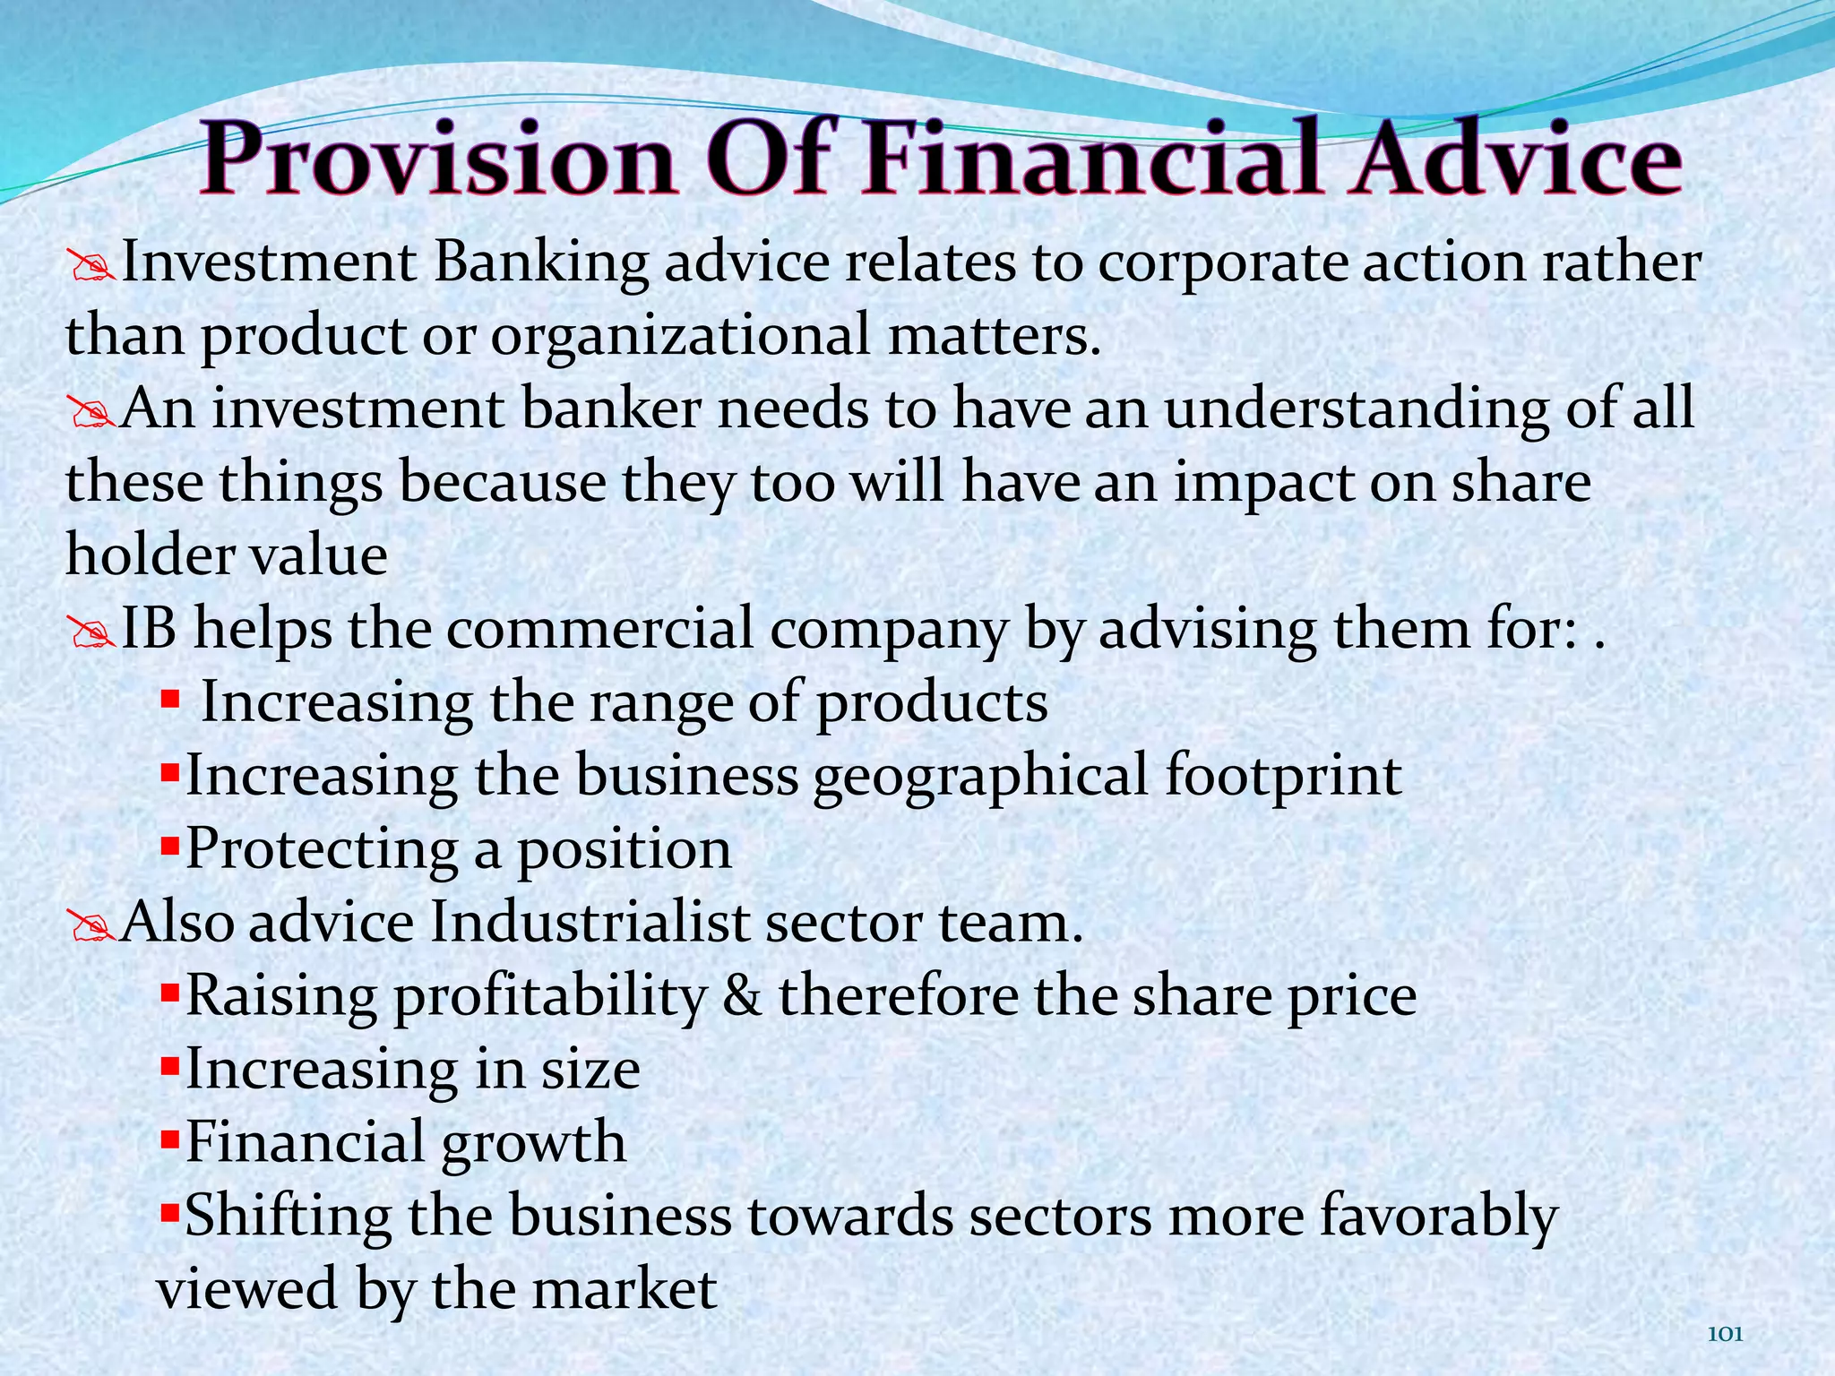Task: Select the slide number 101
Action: pos(1726,1335)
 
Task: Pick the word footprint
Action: pos(1283,775)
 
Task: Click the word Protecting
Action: pos(323,849)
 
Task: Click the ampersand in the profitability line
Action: pos(742,995)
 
